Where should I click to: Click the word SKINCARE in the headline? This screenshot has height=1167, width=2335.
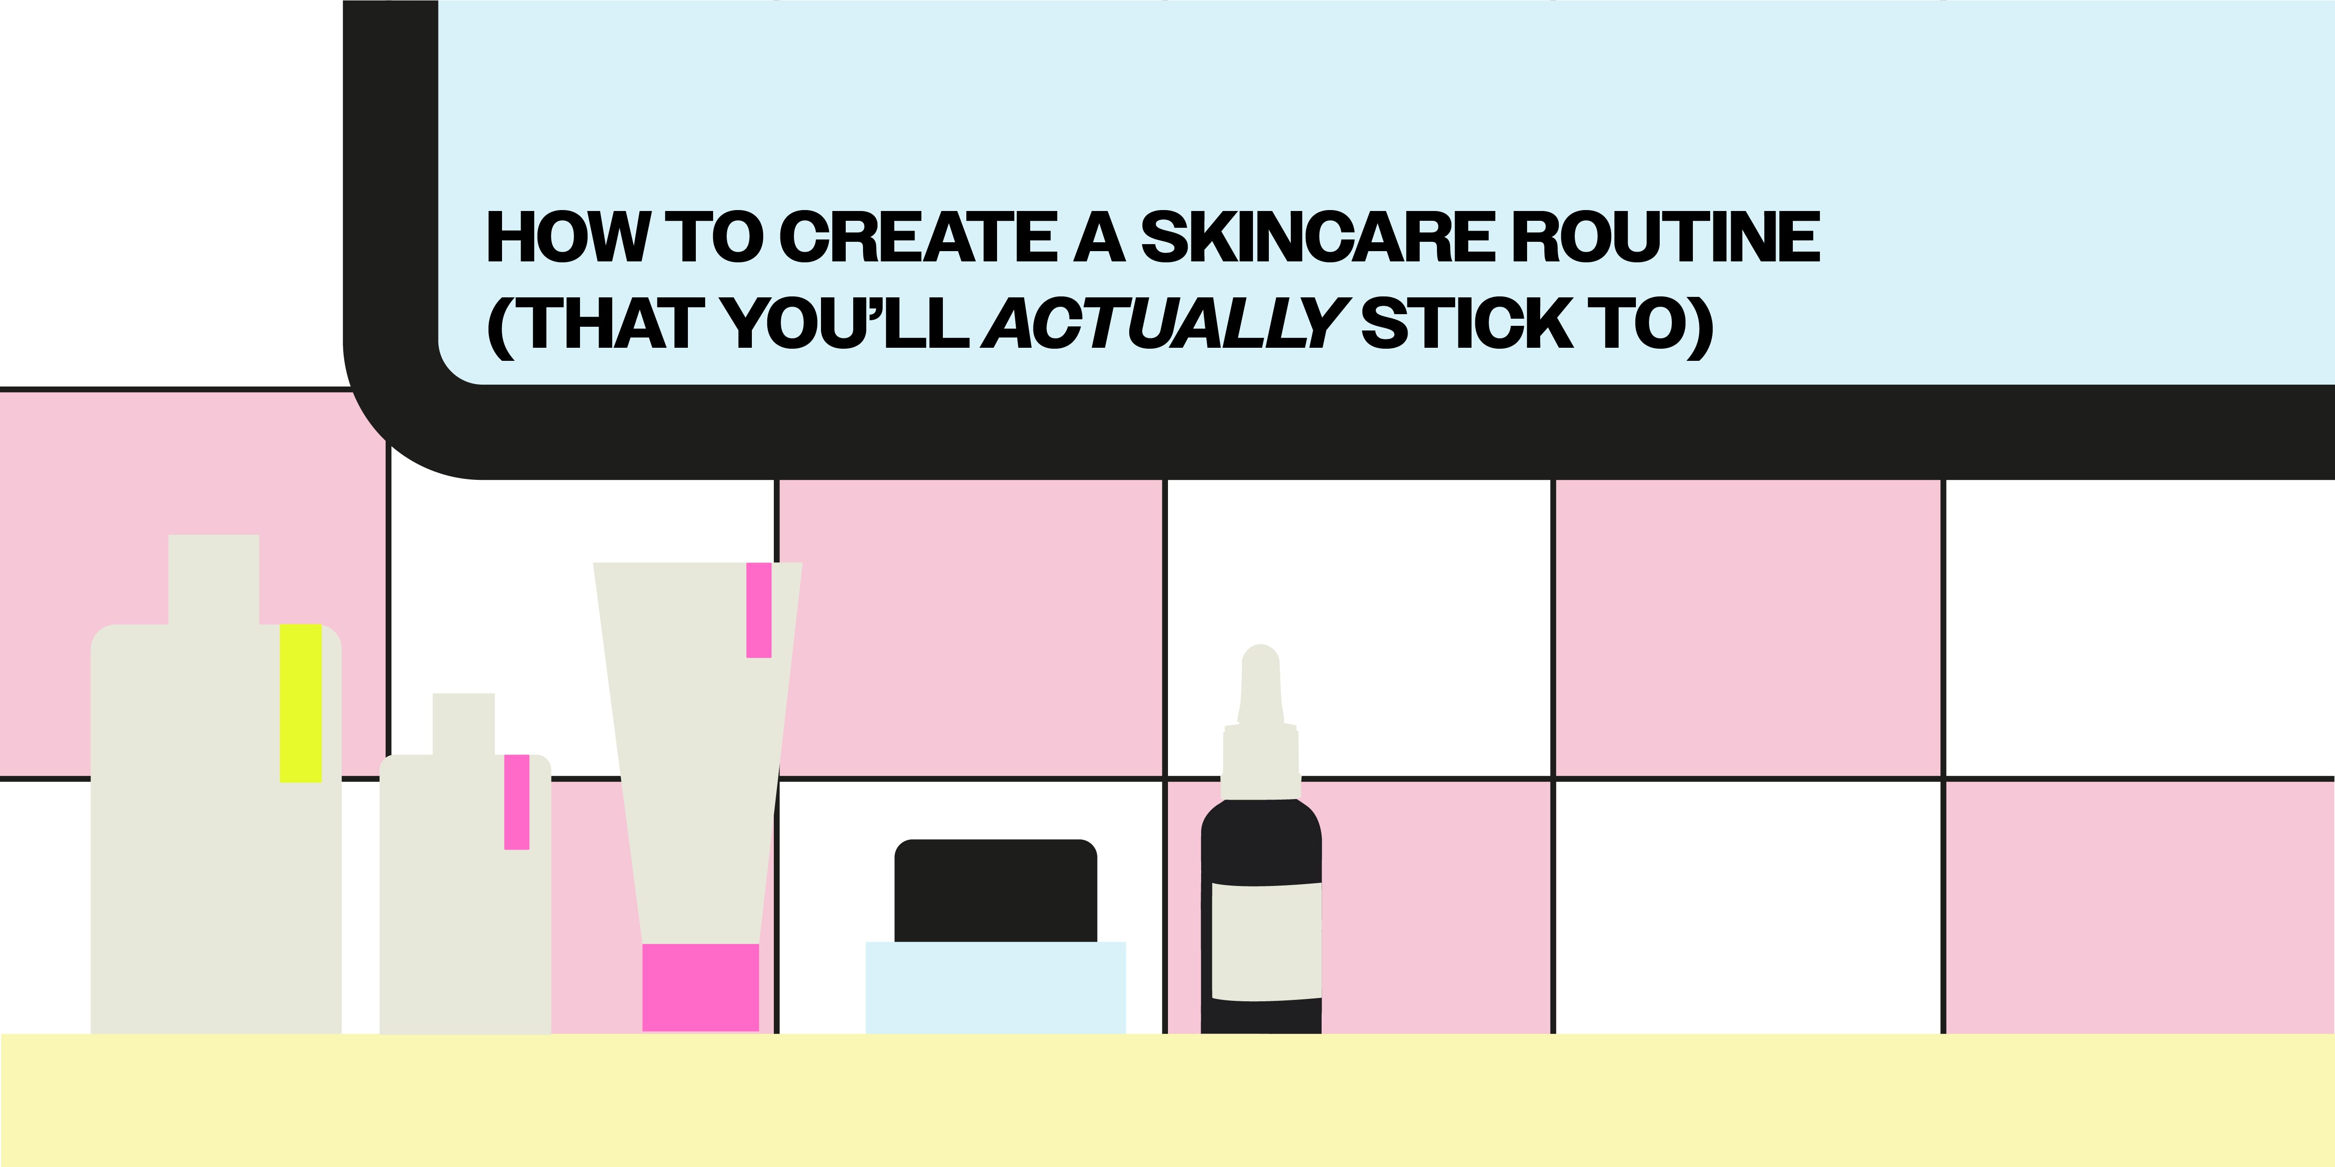1314,238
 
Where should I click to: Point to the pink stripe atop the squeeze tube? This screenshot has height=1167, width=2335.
759,610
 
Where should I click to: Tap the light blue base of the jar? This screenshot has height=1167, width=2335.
995,988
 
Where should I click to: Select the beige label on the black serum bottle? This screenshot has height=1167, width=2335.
1267,942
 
